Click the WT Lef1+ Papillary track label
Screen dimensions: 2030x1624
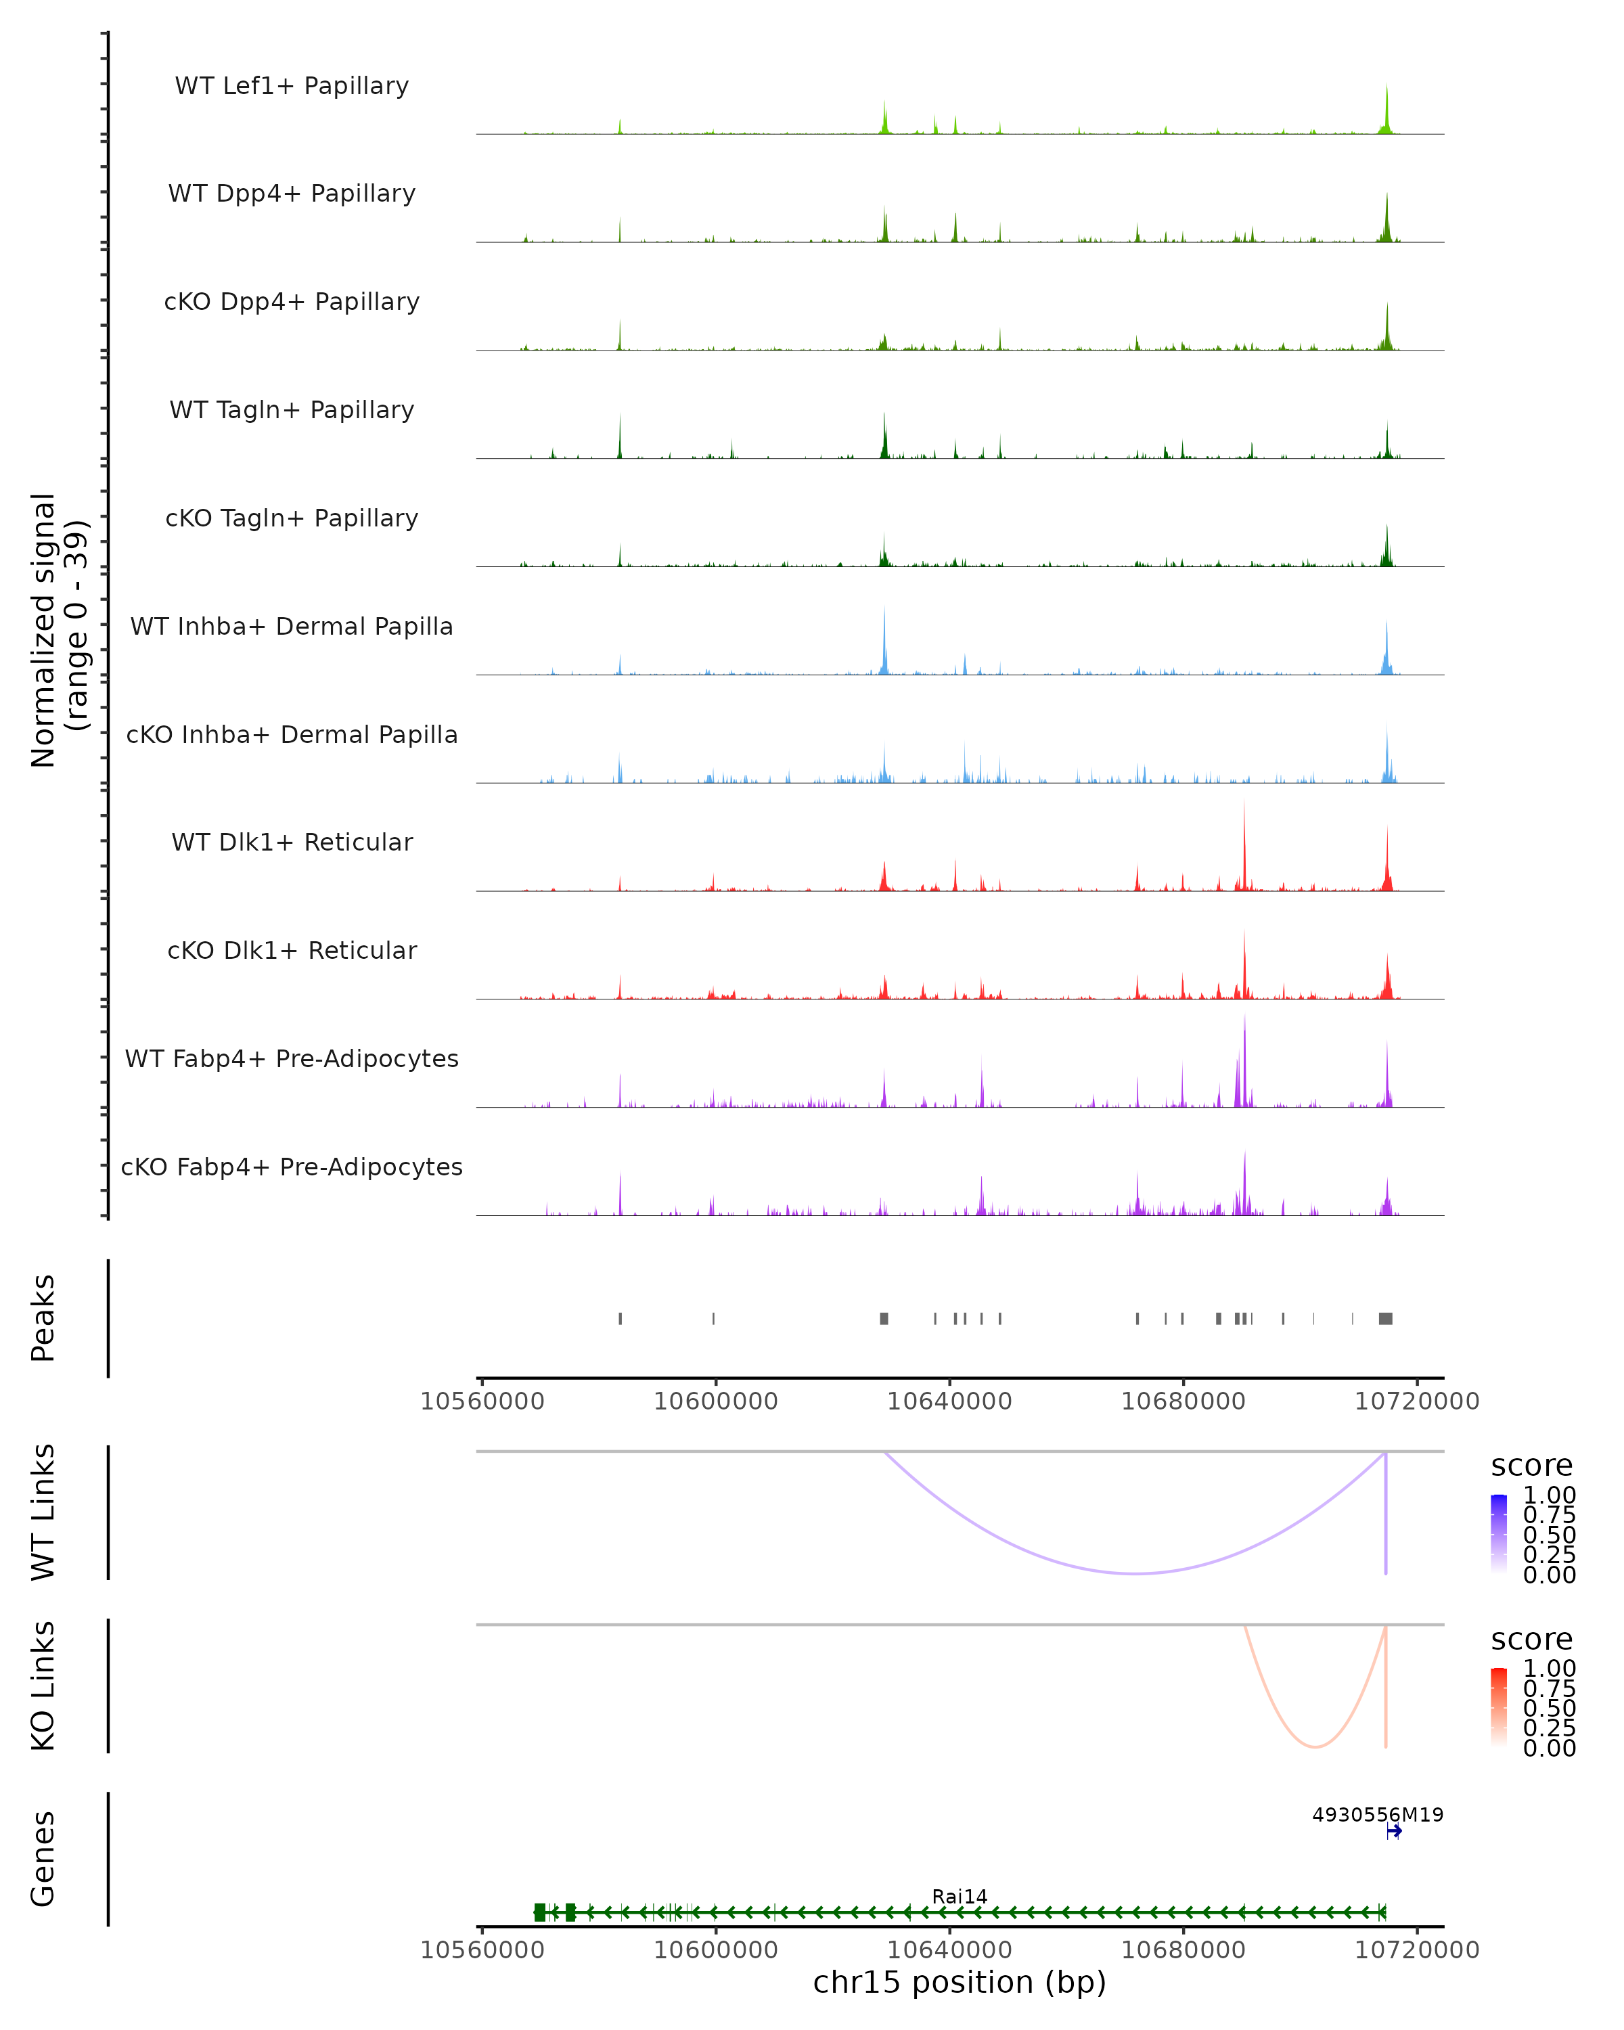[292, 86]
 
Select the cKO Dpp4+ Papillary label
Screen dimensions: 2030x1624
[292, 302]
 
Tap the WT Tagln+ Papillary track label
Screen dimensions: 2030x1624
[292, 411]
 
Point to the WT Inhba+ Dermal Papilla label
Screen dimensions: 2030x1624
[292, 627]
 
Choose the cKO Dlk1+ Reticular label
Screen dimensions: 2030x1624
[292, 951]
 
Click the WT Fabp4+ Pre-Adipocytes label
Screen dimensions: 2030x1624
[292, 1059]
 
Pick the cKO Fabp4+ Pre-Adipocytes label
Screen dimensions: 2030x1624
[292, 1167]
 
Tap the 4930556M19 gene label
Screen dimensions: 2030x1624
[1377, 1814]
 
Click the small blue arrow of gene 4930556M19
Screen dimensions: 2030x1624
[1395, 1831]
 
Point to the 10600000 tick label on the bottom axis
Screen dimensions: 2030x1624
[715, 1950]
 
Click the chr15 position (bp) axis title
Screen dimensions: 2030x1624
[960, 1983]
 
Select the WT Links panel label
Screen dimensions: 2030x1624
[43, 1512]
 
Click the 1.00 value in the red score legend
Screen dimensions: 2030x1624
[1550, 1669]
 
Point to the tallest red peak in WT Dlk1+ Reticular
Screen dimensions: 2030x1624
[1244, 803]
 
